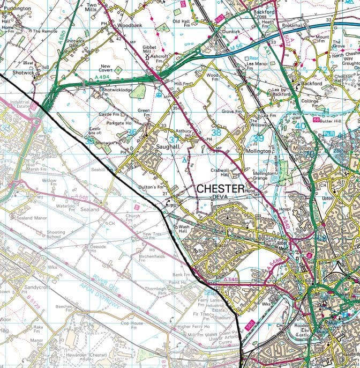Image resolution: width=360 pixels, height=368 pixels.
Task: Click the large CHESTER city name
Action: [x=220, y=189]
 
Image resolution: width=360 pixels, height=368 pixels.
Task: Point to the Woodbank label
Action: [x=130, y=25]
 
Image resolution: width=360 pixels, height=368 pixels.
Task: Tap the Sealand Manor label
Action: [x=20, y=218]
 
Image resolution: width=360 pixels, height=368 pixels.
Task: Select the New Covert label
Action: [x=109, y=69]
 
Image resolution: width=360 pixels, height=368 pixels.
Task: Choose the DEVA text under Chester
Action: [x=220, y=197]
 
